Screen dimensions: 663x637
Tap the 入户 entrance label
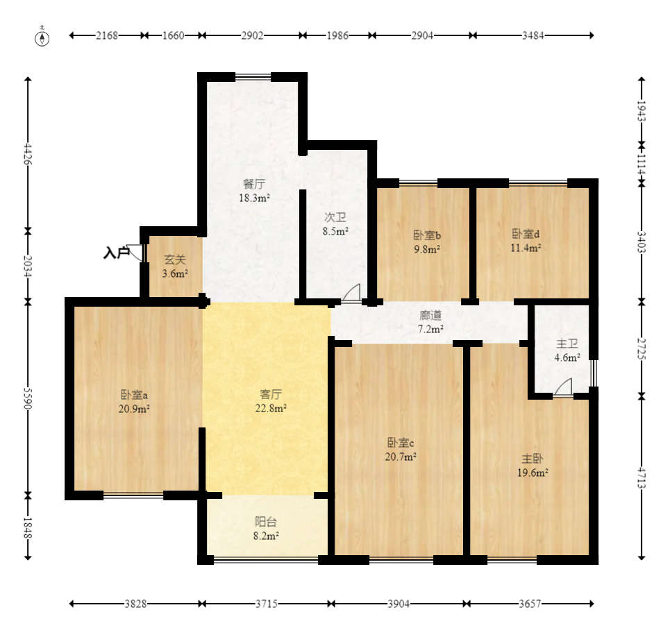(x=116, y=253)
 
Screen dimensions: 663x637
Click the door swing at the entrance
(x=135, y=253)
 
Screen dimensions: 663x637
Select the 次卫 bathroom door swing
(x=351, y=293)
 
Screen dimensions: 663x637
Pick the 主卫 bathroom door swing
(x=563, y=387)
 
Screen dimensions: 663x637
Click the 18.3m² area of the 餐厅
(x=255, y=198)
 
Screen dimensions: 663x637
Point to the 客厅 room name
(x=271, y=394)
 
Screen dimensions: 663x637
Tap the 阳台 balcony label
(x=266, y=522)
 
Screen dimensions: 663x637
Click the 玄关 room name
(x=175, y=260)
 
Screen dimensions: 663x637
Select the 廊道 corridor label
(x=430, y=315)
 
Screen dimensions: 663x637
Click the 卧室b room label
(x=427, y=235)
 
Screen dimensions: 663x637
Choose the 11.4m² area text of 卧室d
(x=526, y=248)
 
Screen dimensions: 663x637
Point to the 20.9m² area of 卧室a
(x=134, y=409)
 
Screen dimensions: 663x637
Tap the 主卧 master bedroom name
(x=532, y=459)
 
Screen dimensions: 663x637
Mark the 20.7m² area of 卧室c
(x=401, y=457)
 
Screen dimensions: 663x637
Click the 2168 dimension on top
(x=107, y=35)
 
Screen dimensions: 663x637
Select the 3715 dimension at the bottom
(x=267, y=604)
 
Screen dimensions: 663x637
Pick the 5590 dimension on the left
(x=28, y=398)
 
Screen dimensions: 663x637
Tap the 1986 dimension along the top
(x=337, y=35)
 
